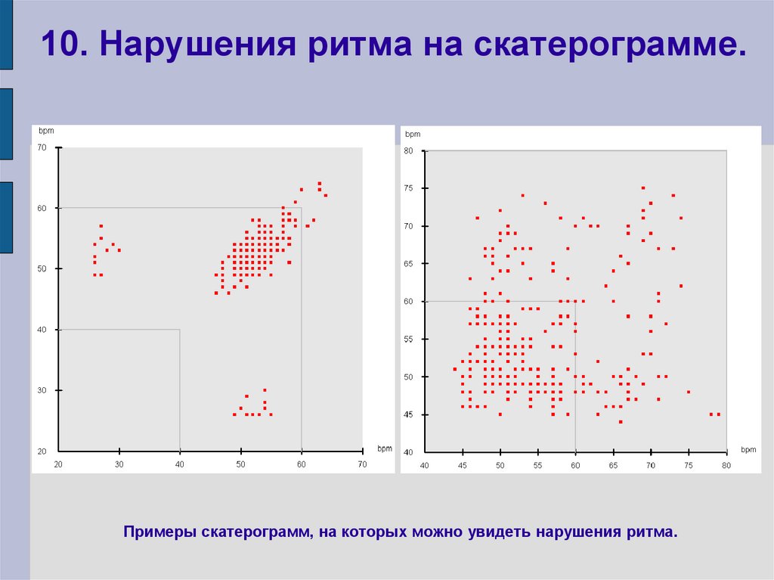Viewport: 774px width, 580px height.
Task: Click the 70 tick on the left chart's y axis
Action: point(42,147)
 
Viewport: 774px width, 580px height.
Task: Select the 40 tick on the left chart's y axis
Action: point(42,330)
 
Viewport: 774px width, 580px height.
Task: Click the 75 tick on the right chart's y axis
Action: point(408,188)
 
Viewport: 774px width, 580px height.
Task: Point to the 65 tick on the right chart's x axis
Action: point(613,465)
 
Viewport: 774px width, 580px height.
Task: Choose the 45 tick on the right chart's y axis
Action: point(408,414)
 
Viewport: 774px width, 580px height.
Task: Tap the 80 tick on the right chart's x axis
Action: point(726,465)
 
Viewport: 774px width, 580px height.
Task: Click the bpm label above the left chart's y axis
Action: point(45,132)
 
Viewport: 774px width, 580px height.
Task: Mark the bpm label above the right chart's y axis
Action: point(412,134)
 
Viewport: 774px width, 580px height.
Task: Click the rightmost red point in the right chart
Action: point(719,414)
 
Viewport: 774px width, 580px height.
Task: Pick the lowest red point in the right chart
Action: point(621,422)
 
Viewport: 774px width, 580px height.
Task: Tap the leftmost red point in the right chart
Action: point(454,369)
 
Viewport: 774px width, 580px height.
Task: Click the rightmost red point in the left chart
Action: point(326,195)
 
